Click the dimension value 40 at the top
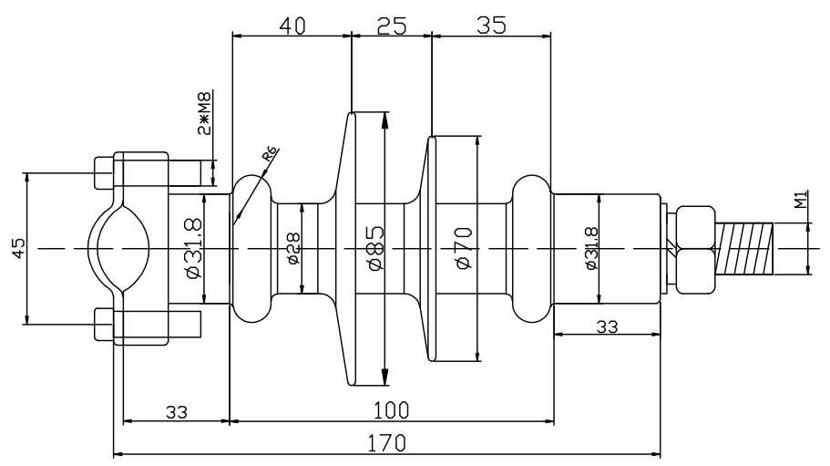(x=292, y=24)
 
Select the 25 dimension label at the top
(x=391, y=24)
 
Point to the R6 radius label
(x=270, y=158)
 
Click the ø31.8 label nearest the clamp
(x=193, y=248)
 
